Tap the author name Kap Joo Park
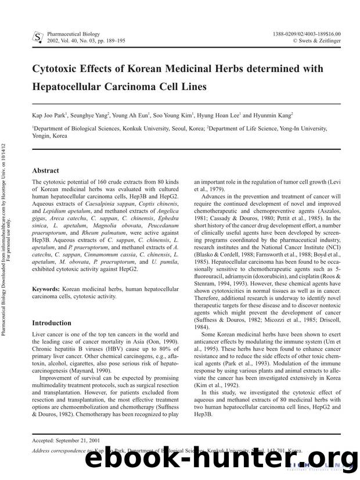tap(50, 116)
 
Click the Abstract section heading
tap(45, 170)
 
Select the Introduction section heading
tap(52, 323)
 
